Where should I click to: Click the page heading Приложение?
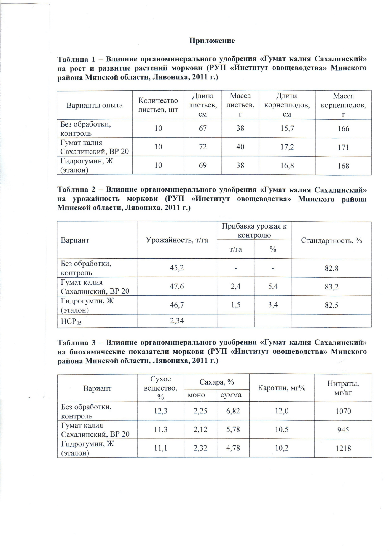212,41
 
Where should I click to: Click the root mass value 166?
343,129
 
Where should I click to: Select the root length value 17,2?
287,147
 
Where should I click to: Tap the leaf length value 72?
203,147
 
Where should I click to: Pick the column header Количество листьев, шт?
158,105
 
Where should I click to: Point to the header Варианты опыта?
95,105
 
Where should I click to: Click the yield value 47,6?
177,286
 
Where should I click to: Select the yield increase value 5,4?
273,286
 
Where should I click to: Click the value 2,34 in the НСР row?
177,321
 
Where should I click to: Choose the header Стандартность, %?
331,240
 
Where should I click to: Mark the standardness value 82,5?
331,305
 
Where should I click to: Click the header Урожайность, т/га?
177,240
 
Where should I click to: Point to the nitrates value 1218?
343,448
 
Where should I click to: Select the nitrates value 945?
343,429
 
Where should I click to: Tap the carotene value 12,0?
281,411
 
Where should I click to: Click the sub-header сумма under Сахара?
231,395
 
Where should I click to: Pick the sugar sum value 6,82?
233,411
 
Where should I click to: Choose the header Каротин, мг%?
281,388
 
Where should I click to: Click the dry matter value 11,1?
161,448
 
